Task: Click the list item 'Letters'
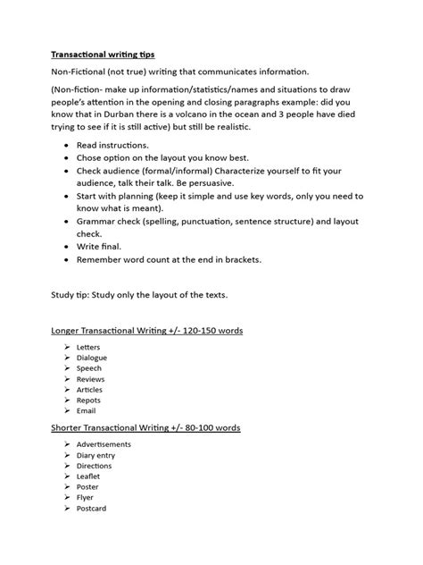point(89,345)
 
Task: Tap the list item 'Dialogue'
point(93,357)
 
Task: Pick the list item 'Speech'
point(90,367)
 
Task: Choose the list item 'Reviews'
point(91,379)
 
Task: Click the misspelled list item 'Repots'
point(89,401)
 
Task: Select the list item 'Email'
point(87,411)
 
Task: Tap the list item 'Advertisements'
point(104,443)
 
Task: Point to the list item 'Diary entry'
point(96,454)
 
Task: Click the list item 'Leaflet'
point(90,476)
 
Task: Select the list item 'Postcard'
point(92,509)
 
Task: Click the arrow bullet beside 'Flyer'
point(68,498)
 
